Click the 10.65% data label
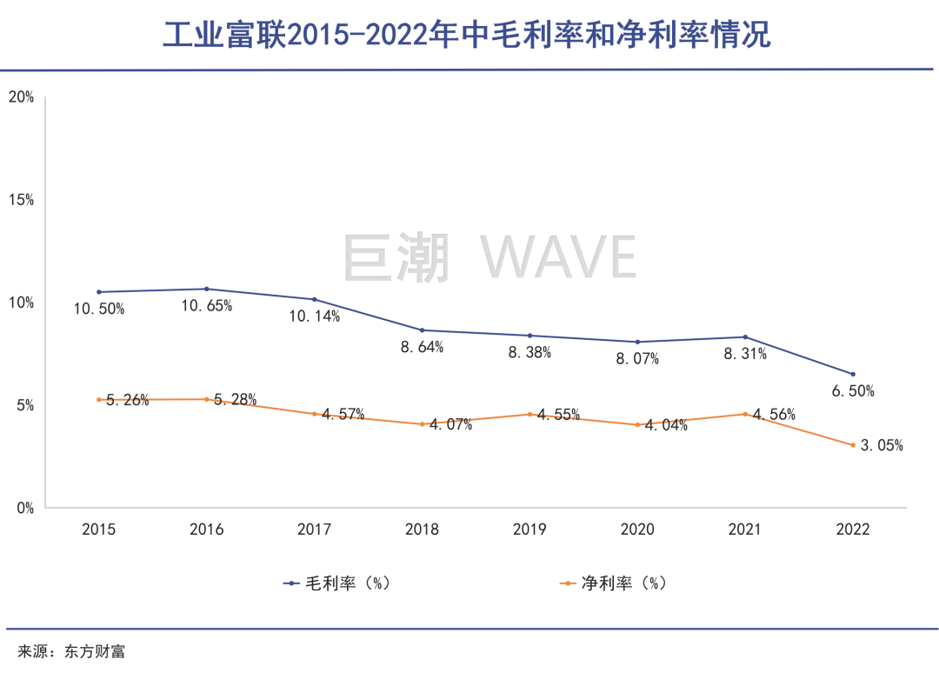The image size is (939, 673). pos(206,306)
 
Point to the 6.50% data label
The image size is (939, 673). pos(852,391)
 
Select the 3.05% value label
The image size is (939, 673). pos(881,446)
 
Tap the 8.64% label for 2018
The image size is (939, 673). pos(422,348)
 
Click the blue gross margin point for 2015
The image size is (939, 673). pos(99,292)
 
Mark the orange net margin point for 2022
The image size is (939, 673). pos(853,445)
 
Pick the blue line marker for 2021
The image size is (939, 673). pos(745,336)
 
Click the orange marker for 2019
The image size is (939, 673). pos(529,414)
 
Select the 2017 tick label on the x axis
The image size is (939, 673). pos(314,530)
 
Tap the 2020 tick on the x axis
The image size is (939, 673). pos(637,530)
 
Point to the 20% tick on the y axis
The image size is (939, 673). pos(21,97)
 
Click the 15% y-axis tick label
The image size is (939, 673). pos(21,200)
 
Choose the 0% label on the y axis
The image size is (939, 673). pos(24,508)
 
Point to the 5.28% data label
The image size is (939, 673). pos(235,400)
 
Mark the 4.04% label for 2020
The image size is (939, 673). pos(666,426)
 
